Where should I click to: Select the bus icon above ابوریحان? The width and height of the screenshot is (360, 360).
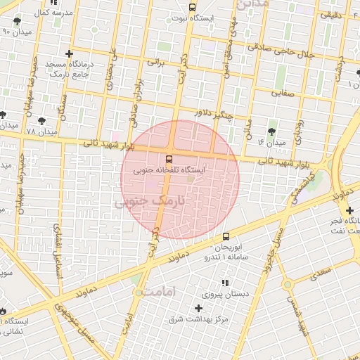(x=226, y=237)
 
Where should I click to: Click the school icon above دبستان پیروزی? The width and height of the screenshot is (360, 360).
(x=225, y=283)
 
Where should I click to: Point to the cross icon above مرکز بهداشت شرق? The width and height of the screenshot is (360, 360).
(x=198, y=308)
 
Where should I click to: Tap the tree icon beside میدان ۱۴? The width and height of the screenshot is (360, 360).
(x=273, y=131)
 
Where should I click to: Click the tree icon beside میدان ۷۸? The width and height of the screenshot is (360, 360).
(x=43, y=121)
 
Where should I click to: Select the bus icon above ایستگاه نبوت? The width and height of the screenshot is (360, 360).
(x=193, y=7)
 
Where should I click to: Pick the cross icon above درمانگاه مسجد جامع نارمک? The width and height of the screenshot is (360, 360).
(x=69, y=53)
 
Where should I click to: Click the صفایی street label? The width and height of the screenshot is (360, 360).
(x=284, y=92)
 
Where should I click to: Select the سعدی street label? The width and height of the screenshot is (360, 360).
(x=323, y=270)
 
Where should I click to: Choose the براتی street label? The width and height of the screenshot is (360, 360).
(x=154, y=60)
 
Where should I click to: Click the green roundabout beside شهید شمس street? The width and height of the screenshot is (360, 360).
(x=288, y=285)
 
